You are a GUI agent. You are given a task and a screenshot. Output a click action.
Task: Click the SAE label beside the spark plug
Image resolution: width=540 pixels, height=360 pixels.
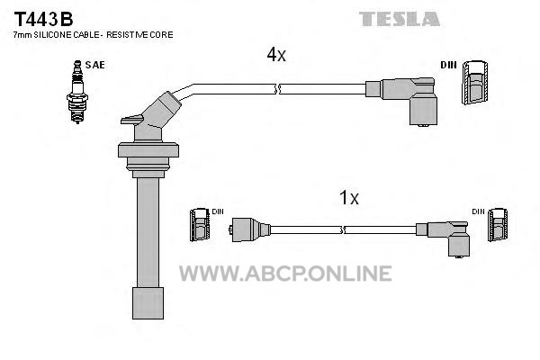94,64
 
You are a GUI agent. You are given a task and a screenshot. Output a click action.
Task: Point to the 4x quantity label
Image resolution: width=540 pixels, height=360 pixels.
275,55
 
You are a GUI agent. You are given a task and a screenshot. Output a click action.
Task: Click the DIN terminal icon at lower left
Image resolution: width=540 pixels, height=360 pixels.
200,225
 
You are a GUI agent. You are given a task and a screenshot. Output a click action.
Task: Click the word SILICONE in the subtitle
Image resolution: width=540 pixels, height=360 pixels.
59,34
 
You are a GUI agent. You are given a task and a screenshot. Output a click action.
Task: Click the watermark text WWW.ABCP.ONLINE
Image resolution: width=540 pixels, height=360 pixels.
284,273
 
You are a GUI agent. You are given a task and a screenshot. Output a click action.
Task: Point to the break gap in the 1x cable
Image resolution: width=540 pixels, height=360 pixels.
342,229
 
